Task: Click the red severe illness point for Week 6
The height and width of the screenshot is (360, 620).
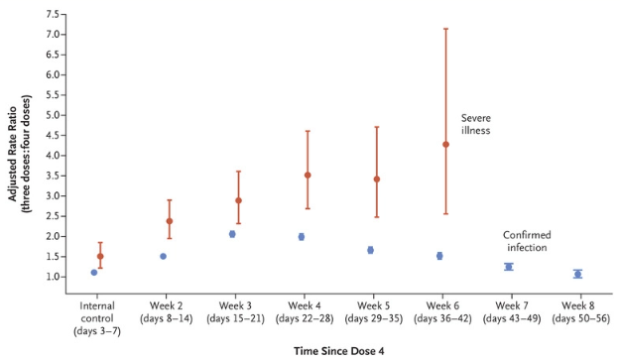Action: tap(445, 145)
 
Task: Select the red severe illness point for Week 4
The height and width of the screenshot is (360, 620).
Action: tap(308, 175)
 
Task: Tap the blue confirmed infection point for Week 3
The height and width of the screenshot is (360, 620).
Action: tap(232, 234)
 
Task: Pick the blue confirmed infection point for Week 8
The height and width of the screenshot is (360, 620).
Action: tap(577, 274)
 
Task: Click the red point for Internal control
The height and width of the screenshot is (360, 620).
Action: tap(100, 256)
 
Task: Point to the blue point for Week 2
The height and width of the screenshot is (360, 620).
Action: tap(163, 256)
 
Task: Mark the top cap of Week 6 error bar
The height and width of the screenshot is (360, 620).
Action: tap(445, 29)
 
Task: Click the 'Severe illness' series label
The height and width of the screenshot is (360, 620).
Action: tap(476, 124)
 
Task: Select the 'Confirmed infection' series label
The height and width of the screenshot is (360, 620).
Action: tap(527, 241)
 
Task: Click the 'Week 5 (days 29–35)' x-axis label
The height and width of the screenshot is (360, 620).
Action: tap(373, 311)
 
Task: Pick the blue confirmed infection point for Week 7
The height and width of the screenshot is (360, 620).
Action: tap(509, 267)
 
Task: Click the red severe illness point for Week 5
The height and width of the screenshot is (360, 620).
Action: tap(377, 180)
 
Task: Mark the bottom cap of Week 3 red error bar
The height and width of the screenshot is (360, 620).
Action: tap(238, 223)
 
